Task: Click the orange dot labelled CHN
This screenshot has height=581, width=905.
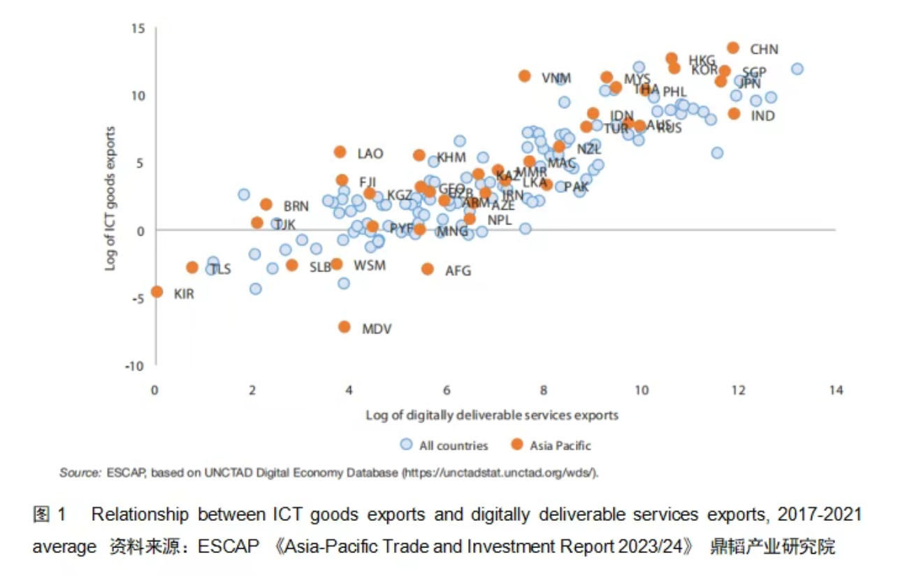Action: click(x=733, y=48)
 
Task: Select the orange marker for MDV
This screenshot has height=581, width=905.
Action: click(x=344, y=327)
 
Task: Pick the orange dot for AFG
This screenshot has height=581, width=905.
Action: click(x=428, y=268)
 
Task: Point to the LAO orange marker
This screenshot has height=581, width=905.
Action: click(x=340, y=152)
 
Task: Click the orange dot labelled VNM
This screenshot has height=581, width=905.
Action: click(x=525, y=76)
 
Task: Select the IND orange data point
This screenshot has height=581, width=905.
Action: click(x=734, y=113)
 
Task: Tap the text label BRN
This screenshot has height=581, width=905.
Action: click(x=296, y=206)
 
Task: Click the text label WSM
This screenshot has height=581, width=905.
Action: click(x=369, y=266)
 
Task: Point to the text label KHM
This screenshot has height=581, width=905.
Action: click(x=451, y=157)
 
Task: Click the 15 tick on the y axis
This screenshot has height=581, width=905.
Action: click(x=137, y=28)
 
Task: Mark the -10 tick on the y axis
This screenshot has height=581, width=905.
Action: click(x=134, y=366)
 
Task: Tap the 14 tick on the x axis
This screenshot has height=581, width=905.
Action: click(x=836, y=389)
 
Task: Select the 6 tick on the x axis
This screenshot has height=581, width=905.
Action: click(x=447, y=389)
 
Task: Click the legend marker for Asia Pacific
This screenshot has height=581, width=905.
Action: click(x=516, y=445)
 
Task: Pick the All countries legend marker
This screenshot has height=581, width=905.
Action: click(x=406, y=445)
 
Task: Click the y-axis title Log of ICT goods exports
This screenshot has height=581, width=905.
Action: click(x=110, y=199)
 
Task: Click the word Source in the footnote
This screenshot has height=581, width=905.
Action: click(x=80, y=473)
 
